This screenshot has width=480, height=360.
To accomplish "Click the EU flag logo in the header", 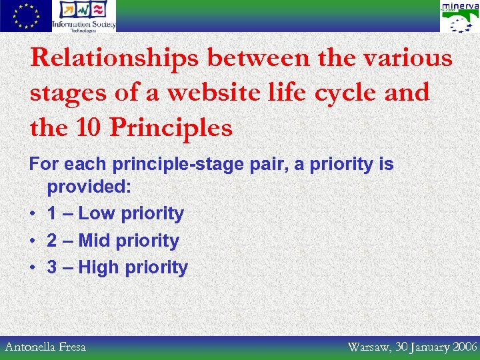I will [25, 16].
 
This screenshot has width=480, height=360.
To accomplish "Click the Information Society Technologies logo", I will [84, 16].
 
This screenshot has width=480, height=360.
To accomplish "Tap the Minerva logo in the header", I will [459, 17].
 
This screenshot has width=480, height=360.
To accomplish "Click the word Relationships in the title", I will [115, 59].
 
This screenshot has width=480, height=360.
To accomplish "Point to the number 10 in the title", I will [88, 127].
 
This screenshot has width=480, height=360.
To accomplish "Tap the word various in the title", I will [408, 59].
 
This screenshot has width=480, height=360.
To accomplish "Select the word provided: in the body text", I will [89, 187].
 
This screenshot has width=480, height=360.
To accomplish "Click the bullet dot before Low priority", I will [33, 214].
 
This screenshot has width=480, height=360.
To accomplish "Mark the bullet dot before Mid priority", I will [33, 241].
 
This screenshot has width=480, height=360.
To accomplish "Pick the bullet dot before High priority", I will [33, 268].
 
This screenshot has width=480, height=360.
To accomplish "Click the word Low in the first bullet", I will [97, 213].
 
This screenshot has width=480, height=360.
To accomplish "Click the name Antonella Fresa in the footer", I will [45, 347].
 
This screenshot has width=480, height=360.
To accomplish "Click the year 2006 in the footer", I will [465, 347].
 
